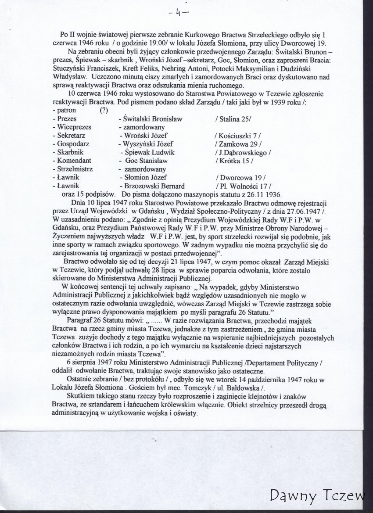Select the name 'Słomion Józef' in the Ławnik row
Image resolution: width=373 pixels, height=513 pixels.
coord(143,177)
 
